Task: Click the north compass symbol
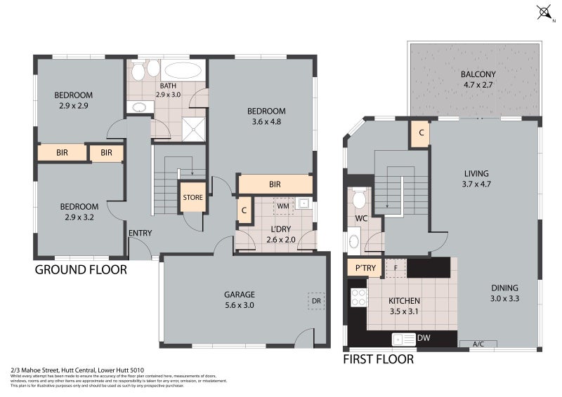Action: point(543,12)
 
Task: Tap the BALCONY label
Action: point(478,75)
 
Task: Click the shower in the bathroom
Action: point(196,126)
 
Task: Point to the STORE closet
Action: point(192,197)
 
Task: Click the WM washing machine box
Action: point(283,206)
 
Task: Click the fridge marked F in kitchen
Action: point(396,267)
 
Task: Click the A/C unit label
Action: point(478,344)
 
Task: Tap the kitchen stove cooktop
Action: point(358,298)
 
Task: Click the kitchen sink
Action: point(406,339)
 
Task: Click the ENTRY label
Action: point(140,234)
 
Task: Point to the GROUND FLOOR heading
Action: point(81,269)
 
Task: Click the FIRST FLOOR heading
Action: point(378,359)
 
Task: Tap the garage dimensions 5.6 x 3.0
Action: point(240,306)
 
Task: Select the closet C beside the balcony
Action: point(420,133)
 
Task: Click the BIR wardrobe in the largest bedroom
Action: point(275,184)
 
